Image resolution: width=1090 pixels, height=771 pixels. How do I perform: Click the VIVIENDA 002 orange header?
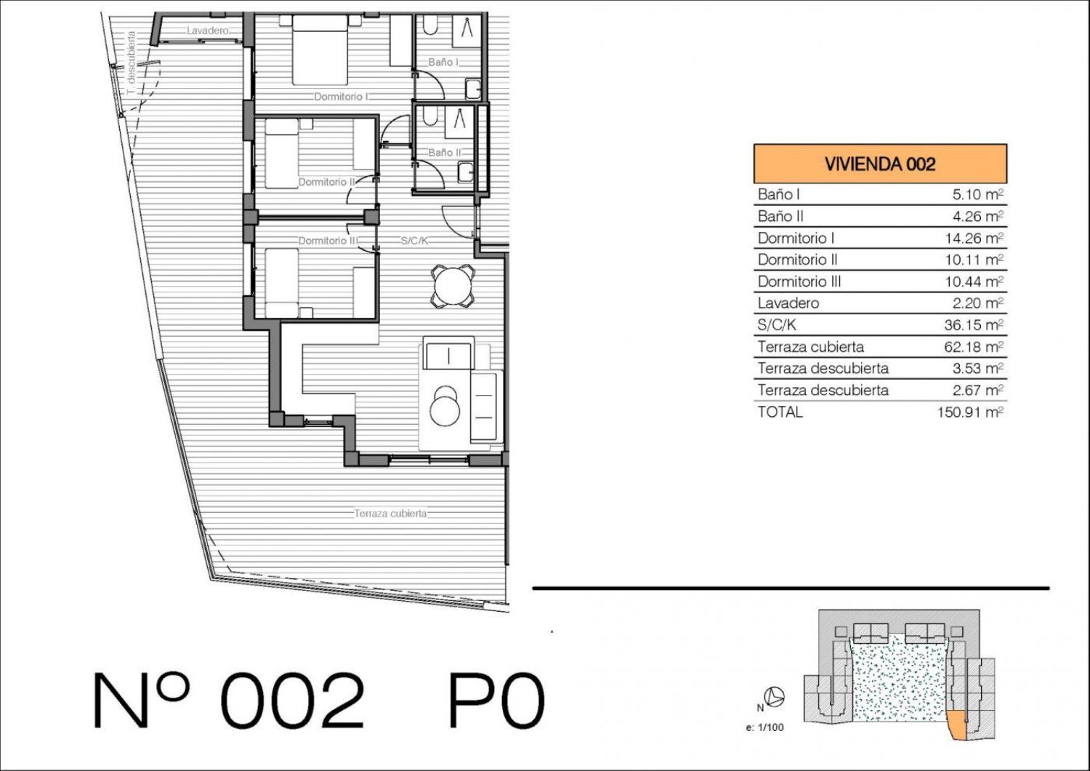coord(880,164)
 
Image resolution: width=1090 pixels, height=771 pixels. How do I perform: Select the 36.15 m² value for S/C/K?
coord(974,324)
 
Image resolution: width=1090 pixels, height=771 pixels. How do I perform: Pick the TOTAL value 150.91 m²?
coord(970,412)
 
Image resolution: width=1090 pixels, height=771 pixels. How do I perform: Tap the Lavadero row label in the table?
coord(788,303)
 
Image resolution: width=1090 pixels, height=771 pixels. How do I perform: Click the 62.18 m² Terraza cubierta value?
coord(974,347)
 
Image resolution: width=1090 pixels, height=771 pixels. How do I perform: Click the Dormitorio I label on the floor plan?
coord(341,97)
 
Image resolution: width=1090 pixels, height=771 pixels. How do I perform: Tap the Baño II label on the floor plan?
coord(444,153)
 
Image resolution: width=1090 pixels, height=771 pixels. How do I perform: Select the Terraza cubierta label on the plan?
coord(390,514)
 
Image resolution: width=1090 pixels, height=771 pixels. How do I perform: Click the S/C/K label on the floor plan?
coord(414,241)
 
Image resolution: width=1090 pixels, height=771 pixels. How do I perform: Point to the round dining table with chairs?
coord(453,286)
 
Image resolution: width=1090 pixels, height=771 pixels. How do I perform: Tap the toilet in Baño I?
coord(430,25)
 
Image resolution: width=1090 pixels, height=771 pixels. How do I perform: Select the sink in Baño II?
coord(466,172)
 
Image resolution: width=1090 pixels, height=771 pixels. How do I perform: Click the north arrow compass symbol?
coord(774,697)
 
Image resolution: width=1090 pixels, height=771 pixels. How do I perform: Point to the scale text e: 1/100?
coord(764,727)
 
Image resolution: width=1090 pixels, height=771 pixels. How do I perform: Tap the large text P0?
coord(496,700)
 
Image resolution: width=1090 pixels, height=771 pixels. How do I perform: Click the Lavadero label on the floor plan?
coord(208,31)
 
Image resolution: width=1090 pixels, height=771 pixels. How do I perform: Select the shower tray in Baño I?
coord(467,31)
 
